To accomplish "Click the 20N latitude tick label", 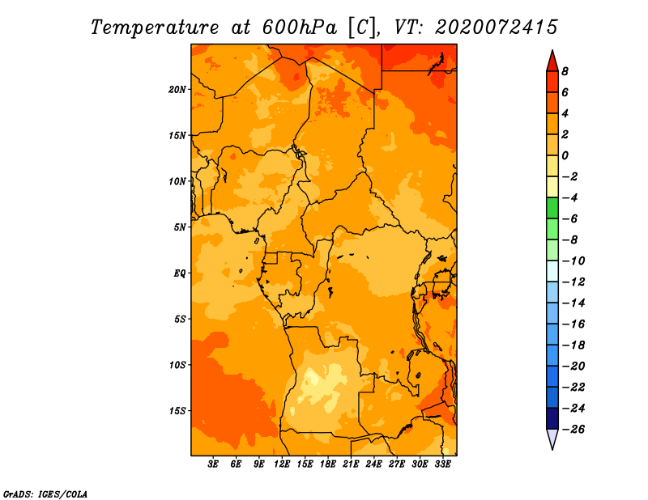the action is coord(177,90).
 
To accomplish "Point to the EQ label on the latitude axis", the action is coord(180,273).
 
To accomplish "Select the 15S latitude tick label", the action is coord(177,411).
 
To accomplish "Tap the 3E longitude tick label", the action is coord(213,464).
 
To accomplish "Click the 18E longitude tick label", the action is coord(328,464).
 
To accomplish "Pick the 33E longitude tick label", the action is coord(442,464).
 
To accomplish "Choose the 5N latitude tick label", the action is coord(180,227).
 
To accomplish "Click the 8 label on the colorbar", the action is coord(565,71).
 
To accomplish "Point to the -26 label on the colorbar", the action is coord(573,430).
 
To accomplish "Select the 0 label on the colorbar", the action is coord(565,155).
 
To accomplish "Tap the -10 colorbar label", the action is coord(573,261).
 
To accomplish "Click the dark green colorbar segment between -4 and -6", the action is coord(552,208).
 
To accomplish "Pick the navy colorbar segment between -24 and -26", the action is coord(552,418).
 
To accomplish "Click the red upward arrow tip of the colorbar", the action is coord(552,51).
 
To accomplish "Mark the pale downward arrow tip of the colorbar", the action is coord(552,449).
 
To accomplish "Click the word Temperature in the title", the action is coord(155,28).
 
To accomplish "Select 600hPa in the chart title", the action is coord(300,28).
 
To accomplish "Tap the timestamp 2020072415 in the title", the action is coord(496,28).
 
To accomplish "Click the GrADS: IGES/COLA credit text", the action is coord(45,494).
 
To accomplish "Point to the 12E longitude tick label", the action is coord(282,464).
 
